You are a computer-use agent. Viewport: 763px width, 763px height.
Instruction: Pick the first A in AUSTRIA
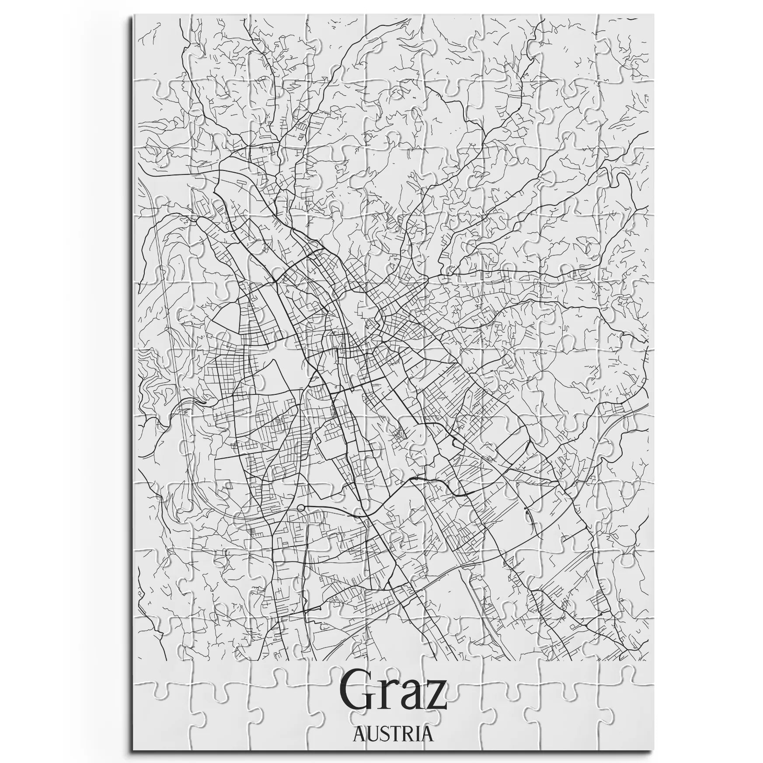(359, 734)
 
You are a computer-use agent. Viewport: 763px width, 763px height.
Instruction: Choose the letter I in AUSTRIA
(417, 734)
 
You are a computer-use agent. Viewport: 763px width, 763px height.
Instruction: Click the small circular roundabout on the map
(300, 508)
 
